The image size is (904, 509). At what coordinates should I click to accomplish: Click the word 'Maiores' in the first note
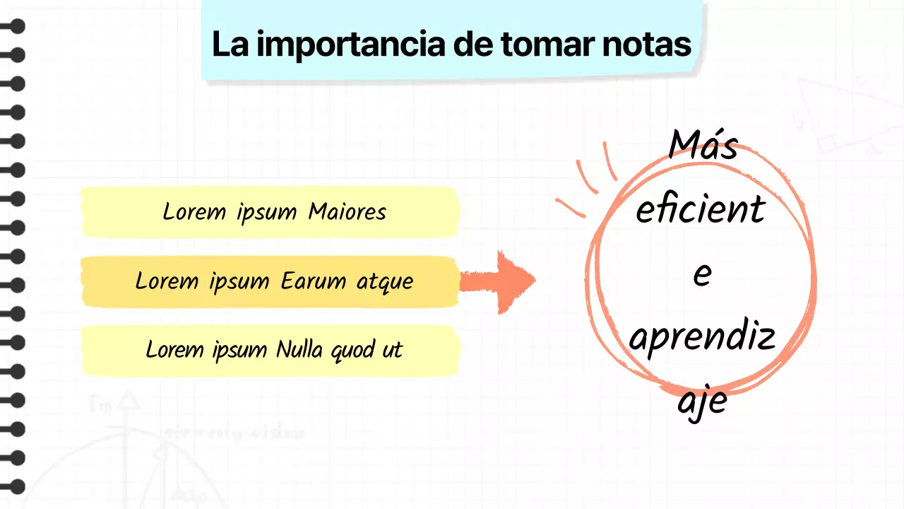tap(347, 211)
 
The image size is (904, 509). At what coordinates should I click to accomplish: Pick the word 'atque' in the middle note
tap(385, 281)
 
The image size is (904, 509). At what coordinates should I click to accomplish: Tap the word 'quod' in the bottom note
tap(356, 350)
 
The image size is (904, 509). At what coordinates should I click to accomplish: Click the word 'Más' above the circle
tap(703, 145)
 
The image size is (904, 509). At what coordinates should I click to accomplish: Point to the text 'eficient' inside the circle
tap(700, 209)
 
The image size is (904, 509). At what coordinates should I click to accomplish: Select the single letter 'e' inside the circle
tap(701, 274)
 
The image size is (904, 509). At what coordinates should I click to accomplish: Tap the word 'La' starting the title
tap(229, 44)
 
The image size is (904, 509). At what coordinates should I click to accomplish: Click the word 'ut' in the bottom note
tap(393, 349)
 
